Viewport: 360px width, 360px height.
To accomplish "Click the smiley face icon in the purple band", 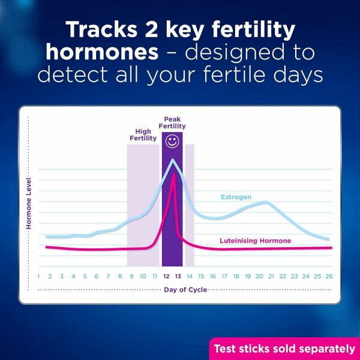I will [x=172, y=142].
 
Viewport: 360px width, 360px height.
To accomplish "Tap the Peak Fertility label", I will [x=172, y=123].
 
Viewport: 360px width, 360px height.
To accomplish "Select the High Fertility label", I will [x=143, y=135].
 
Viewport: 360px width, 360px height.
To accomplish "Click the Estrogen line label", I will [x=235, y=197].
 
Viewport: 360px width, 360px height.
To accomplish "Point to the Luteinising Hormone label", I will [x=255, y=241].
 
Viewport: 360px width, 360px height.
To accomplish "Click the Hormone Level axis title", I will [x=28, y=204].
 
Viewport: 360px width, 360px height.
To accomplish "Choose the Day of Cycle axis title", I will [x=186, y=290].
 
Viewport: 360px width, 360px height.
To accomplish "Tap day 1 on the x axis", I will [x=38, y=276].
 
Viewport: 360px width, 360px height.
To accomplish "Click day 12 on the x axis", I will [x=166, y=276].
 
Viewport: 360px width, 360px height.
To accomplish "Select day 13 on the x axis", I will [x=178, y=276].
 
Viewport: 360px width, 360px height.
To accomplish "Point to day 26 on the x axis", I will [x=328, y=276].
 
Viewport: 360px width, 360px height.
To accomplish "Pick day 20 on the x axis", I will [x=259, y=276].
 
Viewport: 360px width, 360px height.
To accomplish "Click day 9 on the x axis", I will [x=131, y=276].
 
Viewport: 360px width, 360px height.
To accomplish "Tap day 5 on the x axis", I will [x=85, y=276].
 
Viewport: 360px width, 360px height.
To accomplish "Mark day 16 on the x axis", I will [x=212, y=276].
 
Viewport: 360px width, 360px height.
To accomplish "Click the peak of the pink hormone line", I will [x=173, y=175].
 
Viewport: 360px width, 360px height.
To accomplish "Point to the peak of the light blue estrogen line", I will [x=173, y=160].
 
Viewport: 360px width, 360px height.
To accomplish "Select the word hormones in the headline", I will [x=101, y=53].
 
